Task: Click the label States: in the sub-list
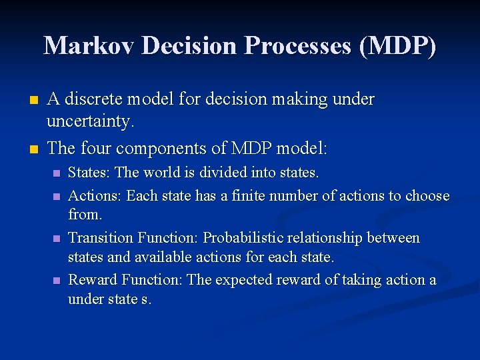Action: [89, 173]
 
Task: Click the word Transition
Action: [101, 238]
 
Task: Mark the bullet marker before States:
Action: [57, 173]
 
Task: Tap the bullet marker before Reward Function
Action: [57, 281]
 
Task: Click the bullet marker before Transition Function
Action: [57, 239]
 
